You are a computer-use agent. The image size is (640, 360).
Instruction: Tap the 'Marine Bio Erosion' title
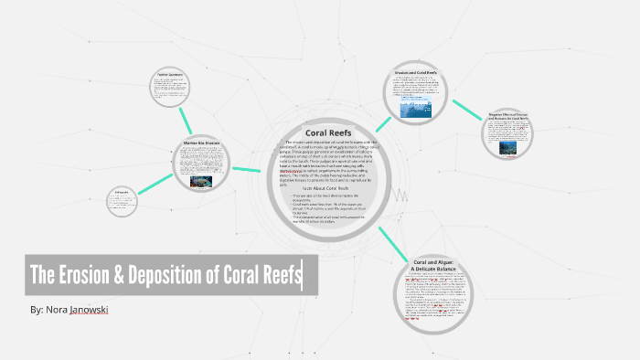click(x=203, y=143)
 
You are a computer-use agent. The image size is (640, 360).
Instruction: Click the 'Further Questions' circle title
click(x=171, y=75)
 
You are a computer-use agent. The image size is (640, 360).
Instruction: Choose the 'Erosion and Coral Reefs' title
click(x=417, y=71)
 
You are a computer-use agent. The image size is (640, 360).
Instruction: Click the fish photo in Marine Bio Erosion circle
click(x=202, y=182)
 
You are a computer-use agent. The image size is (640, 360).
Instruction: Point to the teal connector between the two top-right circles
click(x=466, y=109)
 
